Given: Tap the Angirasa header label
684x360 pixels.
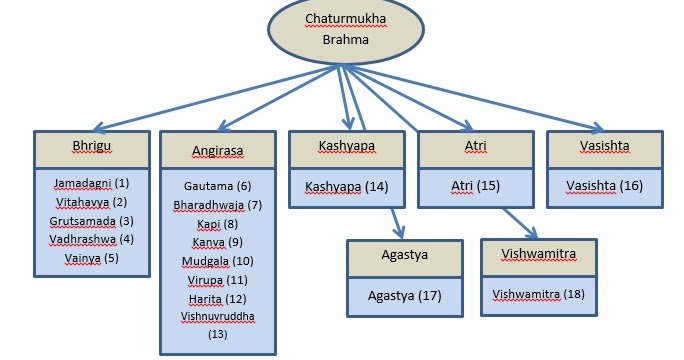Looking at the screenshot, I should tap(216, 151).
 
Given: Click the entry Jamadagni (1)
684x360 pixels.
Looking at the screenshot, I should tap(92, 183).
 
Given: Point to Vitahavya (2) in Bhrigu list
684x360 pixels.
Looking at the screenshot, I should tap(91, 202).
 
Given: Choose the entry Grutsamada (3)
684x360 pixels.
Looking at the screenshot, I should tap(91, 220).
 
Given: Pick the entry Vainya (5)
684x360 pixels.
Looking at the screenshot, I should tap(91, 257).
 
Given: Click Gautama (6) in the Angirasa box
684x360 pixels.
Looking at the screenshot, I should tap(217, 186).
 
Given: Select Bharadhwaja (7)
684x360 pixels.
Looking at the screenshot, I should tap(217, 205).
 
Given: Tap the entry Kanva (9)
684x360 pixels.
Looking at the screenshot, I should tap(217, 242).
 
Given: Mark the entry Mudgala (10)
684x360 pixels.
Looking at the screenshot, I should tap(217, 260).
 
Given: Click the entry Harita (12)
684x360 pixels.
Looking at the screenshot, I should tap(217, 298).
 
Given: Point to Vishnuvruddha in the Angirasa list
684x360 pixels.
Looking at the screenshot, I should tap(217, 316).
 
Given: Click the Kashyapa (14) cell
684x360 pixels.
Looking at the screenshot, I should tap(346, 186).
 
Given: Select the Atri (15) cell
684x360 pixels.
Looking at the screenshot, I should tap(476, 186).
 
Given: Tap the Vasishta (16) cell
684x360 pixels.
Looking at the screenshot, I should tap(604, 186).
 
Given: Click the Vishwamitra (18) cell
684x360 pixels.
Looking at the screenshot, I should tap(539, 294).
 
